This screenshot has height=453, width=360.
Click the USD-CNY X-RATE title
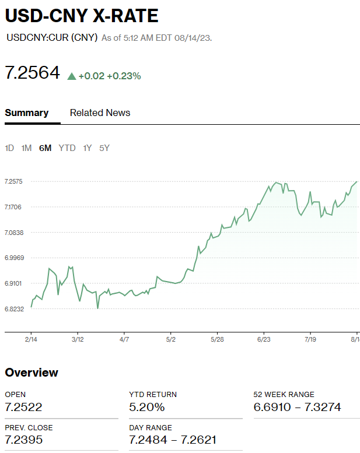[x=82, y=16]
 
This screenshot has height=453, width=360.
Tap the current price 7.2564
[x=32, y=73]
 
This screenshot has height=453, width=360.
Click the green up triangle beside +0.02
[x=72, y=76]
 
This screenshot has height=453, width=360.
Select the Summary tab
[x=27, y=113]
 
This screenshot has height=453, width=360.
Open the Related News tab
[x=100, y=113]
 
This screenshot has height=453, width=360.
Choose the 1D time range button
[x=9, y=148]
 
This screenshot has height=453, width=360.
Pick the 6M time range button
[x=45, y=148]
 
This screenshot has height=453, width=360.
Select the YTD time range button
[x=67, y=148]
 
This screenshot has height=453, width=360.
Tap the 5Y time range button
[x=104, y=148]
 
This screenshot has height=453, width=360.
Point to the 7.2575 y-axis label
[x=13, y=182]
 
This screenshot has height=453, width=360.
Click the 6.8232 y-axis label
[x=13, y=308]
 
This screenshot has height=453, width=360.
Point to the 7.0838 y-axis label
[x=13, y=233]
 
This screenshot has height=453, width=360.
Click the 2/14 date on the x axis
[x=31, y=339]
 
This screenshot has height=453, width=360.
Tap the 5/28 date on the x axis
[x=217, y=339]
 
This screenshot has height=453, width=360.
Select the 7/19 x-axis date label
[x=310, y=339]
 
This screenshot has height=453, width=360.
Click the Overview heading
[x=32, y=373]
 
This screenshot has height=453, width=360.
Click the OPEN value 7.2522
[x=23, y=407]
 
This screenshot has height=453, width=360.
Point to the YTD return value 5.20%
[x=146, y=407]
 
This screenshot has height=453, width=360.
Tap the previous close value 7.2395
[x=23, y=440]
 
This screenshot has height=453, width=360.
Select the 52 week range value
[x=297, y=407]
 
